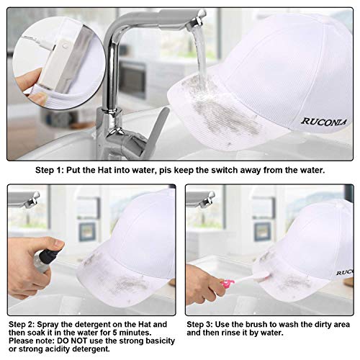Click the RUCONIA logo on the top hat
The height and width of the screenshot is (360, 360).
click(x=324, y=122)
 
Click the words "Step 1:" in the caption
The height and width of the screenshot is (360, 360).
click(x=50, y=170)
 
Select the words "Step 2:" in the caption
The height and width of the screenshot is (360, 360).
click(x=22, y=325)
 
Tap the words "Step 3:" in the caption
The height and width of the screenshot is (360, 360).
click(x=199, y=325)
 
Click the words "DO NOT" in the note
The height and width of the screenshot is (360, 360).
click(x=73, y=341)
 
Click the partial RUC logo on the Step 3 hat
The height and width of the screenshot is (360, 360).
click(x=345, y=272)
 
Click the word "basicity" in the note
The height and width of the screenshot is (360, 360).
click(x=158, y=341)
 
